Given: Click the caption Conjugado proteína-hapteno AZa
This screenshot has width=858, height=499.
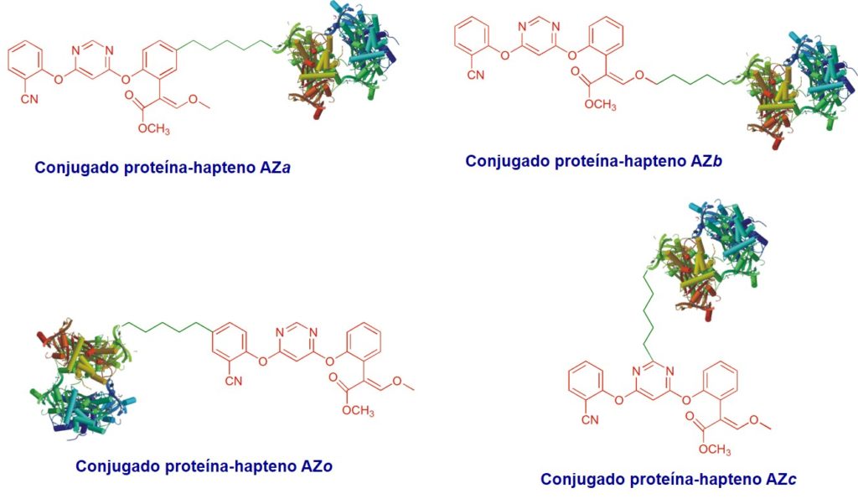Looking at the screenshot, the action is click(162, 168).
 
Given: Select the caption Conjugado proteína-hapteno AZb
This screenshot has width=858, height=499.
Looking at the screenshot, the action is click(594, 161).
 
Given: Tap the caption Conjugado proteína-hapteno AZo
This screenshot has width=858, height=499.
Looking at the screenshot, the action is click(204, 466).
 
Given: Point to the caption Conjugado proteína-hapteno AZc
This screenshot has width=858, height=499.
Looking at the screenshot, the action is click(668, 479).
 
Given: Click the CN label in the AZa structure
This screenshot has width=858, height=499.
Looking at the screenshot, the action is click(29, 99).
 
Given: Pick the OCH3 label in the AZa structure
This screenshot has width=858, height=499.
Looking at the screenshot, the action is click(154, 129).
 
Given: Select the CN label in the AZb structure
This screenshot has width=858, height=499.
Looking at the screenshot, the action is click(476, 75).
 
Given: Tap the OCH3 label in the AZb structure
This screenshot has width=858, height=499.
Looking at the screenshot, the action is click(600, 105).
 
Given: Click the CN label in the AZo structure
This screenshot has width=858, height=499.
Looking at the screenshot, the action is click(234, 381).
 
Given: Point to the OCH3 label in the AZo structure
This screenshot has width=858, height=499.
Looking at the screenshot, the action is click(359, 411).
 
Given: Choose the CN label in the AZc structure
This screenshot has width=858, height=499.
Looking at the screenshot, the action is click(590, 420).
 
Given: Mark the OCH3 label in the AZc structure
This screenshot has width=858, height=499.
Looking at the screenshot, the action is click(715, 450).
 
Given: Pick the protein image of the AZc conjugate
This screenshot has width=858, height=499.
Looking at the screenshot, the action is click(706, 257).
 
